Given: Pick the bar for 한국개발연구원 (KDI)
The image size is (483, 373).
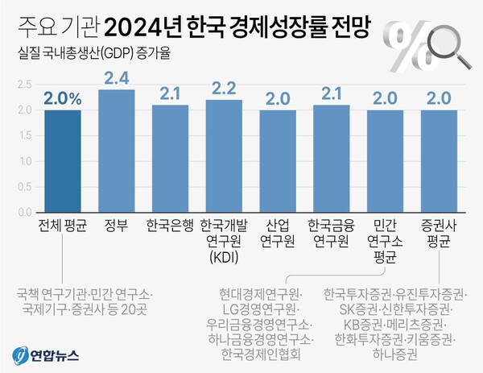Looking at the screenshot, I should (x=224, y=156).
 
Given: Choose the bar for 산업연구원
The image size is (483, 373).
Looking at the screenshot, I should (x=278, y=161).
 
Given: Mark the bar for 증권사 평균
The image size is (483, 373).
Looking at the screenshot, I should (x=439, y=161).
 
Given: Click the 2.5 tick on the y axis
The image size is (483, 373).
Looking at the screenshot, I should (x=23, y=84).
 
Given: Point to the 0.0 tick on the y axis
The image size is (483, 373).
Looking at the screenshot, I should (x=23, y=213).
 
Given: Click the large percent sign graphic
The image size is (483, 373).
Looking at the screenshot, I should (x=403, y=44).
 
